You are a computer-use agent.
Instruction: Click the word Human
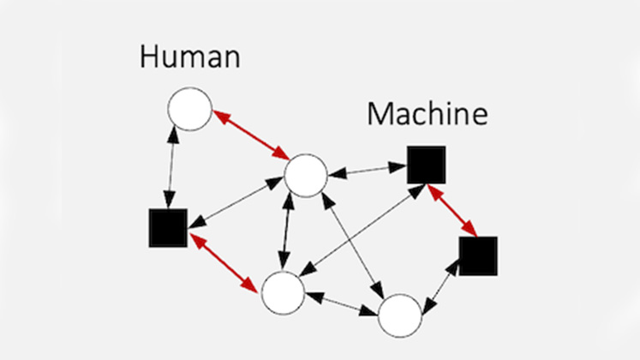[190, 58]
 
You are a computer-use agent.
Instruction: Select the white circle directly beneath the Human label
[189, 110]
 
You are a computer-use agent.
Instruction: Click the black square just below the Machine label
[426, 165]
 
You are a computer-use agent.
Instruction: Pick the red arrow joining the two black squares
[452, 210]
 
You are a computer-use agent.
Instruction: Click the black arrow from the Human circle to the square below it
[174, 168]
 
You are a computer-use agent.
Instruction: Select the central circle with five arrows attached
[305, 176]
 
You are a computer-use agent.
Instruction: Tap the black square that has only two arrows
[478, 255]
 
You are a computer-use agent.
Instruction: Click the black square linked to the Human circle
[168, 227]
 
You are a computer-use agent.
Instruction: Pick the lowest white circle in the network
[400, 315]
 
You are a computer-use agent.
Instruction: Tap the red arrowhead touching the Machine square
[434, 190]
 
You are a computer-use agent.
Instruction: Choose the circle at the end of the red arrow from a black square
[284, 293]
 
